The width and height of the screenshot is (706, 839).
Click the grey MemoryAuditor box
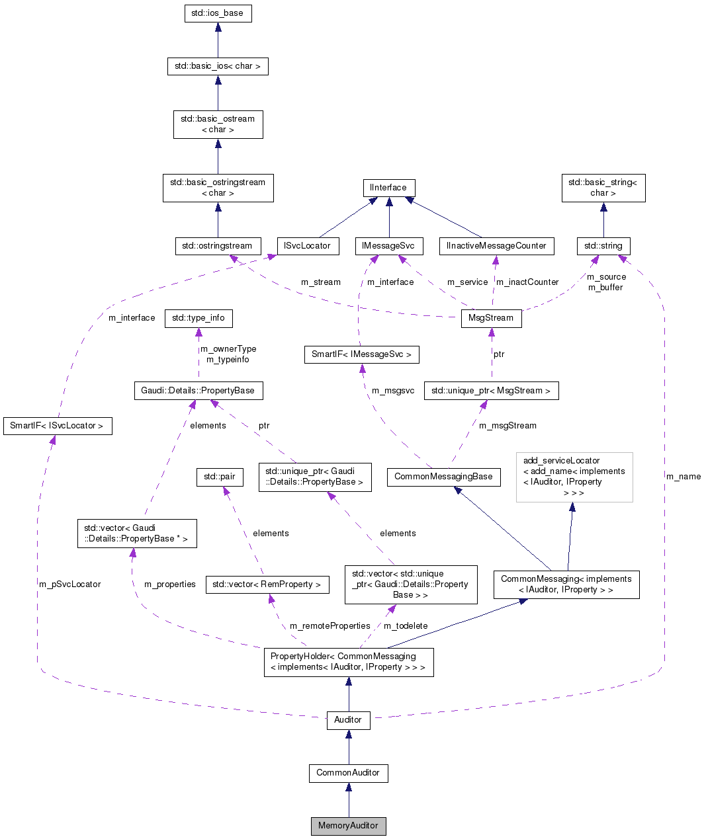pos(348,826)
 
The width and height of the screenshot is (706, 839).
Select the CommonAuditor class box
pos(348,773)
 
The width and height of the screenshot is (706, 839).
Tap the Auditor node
pos(348,720)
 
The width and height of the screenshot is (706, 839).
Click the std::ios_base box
pos(218,13)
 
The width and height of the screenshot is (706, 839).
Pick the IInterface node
pos(388,188)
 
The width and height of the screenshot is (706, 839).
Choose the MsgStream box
pos(491,318)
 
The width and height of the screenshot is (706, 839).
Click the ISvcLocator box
pos(307,246)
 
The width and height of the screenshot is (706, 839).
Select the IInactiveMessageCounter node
pos(496,246)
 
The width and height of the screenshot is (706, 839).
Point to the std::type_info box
pos(199,318)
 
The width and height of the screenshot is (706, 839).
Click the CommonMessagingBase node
pos(443,477)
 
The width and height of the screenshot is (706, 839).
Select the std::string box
pos(603,246)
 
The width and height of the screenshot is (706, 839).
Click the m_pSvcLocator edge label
pos(70,584)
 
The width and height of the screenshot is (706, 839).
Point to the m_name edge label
pos(684,477)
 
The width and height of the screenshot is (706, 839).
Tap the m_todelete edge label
pos(406,626)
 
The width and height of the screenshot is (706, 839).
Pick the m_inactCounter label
pos(527,282)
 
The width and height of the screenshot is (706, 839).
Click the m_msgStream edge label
pos(507,426)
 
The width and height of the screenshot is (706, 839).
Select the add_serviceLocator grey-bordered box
pos(574,477)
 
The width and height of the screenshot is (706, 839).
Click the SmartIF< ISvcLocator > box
pos(57,426)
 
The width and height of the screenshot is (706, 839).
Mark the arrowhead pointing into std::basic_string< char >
pos(603,208)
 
